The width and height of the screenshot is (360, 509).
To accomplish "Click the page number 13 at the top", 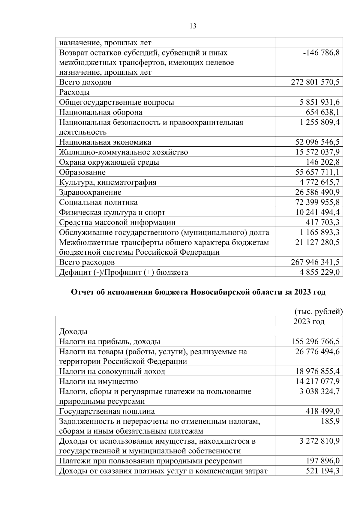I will click(x=193, y=26).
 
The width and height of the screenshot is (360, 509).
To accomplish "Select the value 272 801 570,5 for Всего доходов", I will click(x=315, y=82).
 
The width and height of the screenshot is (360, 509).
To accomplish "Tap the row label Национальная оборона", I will click(x=100, y=112).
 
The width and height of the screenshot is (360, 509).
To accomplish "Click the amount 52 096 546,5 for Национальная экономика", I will click(x=318, y=142).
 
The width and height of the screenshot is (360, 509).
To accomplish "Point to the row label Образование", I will click(x=82, y=172).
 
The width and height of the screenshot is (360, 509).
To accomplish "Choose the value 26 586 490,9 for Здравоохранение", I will click(x=318, y=192).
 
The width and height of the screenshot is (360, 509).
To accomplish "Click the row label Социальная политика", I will click(x=98, y=202).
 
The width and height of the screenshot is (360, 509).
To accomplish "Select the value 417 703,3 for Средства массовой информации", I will click(x=322, y=222).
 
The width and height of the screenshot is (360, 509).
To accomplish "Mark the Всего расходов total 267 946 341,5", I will click(x=315, y=262).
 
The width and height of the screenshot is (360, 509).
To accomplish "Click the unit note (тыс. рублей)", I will click(x=318, y=312).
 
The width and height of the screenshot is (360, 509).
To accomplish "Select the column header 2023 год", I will click(x=309, y=322).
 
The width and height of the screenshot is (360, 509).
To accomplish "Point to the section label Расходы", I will click(x=74, y=92).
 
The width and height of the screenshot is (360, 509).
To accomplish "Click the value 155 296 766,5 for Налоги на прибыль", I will click(x=315, y=342).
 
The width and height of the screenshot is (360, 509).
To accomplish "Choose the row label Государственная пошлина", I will click(x=107, y=411).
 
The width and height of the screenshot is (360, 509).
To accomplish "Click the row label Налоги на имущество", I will click(x=98, y=382).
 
